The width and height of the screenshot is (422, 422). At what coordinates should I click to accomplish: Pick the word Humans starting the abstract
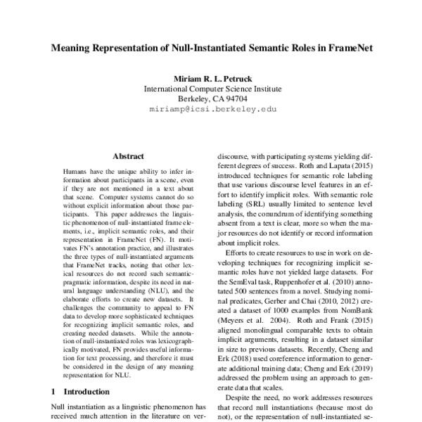click(75, 171)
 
